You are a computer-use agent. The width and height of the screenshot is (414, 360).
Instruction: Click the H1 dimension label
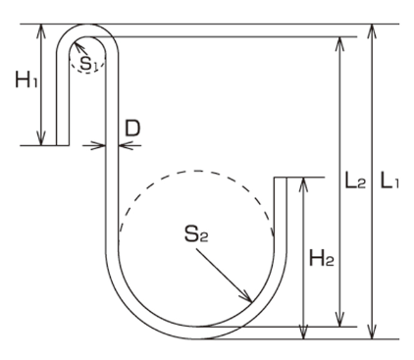click(26, 79)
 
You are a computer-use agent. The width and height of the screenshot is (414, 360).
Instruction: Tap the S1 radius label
click(88, 64)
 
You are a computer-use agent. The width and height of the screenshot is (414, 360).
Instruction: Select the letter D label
click(132, 129)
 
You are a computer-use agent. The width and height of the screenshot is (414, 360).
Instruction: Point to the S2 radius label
click(196, 234)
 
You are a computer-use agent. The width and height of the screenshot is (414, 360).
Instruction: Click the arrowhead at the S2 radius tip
click(246, 296)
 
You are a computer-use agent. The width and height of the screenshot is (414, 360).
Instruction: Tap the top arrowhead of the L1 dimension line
click(372, 31)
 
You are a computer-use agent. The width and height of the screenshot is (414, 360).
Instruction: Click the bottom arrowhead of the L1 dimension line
click(372, 332)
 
